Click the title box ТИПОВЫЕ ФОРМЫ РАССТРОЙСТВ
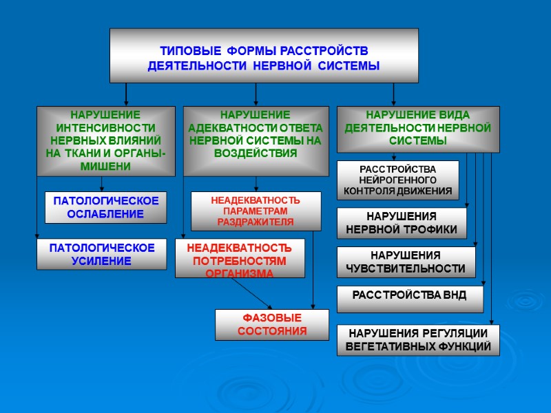click(264, 56)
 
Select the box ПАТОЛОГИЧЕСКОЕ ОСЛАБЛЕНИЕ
click(106, 207)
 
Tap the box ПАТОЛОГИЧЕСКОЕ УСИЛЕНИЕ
click(101, 254)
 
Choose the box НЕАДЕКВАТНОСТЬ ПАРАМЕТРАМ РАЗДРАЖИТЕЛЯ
click(256, 211)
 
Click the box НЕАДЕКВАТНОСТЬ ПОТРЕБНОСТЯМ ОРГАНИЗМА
click(240, 259)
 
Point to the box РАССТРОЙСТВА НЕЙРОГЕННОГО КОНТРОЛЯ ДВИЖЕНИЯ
click(397, 180)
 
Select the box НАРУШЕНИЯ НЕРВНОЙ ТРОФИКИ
click(402, 223)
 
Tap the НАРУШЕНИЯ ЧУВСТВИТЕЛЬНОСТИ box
click(404, 262)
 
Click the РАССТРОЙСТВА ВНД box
click(410, 296)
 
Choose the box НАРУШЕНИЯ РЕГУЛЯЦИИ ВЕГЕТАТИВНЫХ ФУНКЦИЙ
click(418, 340)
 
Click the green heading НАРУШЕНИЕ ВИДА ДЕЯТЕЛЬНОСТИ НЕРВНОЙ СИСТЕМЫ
click(417, 128)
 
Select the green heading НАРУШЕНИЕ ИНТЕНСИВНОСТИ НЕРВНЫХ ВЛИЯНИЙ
click(105, 140)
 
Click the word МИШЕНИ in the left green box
click(105, 167)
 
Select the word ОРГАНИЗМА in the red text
click(240, 273)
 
